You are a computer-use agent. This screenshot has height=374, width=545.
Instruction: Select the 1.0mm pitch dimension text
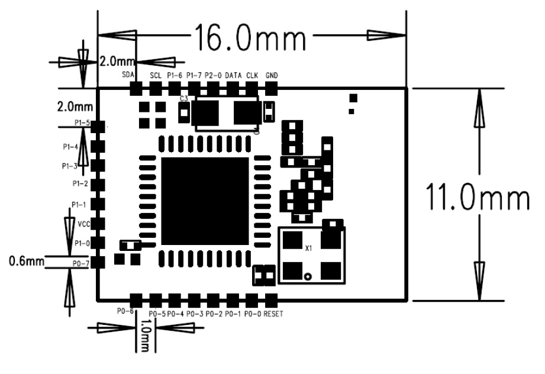146,336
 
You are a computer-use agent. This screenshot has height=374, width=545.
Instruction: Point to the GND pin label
272,75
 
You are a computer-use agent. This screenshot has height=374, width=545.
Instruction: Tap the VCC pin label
84,224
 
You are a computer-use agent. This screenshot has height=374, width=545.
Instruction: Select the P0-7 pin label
81,263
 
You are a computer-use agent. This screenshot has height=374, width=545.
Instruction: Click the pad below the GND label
272,89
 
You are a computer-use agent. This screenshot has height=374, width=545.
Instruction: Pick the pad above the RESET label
272,298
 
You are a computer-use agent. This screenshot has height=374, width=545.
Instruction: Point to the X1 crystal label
308,249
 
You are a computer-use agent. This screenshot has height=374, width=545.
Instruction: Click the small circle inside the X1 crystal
308,276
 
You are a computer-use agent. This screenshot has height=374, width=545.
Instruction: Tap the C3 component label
184,99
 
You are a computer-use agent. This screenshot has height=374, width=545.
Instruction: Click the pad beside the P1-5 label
99,126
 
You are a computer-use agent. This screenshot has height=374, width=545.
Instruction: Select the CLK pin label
252,75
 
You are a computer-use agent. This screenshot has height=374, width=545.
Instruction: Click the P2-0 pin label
213,75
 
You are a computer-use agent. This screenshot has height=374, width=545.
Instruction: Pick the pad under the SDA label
136,89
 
